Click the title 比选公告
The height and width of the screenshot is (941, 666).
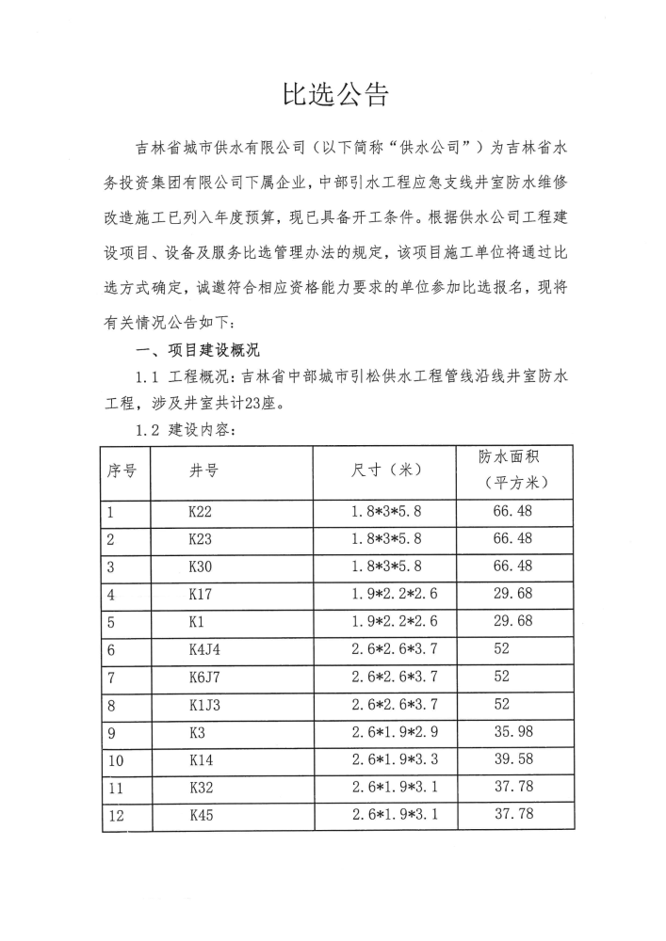tap(334, 94)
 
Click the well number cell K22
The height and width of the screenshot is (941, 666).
tap(201, 513)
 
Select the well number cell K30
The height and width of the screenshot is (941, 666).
tap(201, 566)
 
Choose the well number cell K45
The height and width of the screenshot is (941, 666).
tap(202, 816)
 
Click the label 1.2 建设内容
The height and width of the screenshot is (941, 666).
tap(185, 431)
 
